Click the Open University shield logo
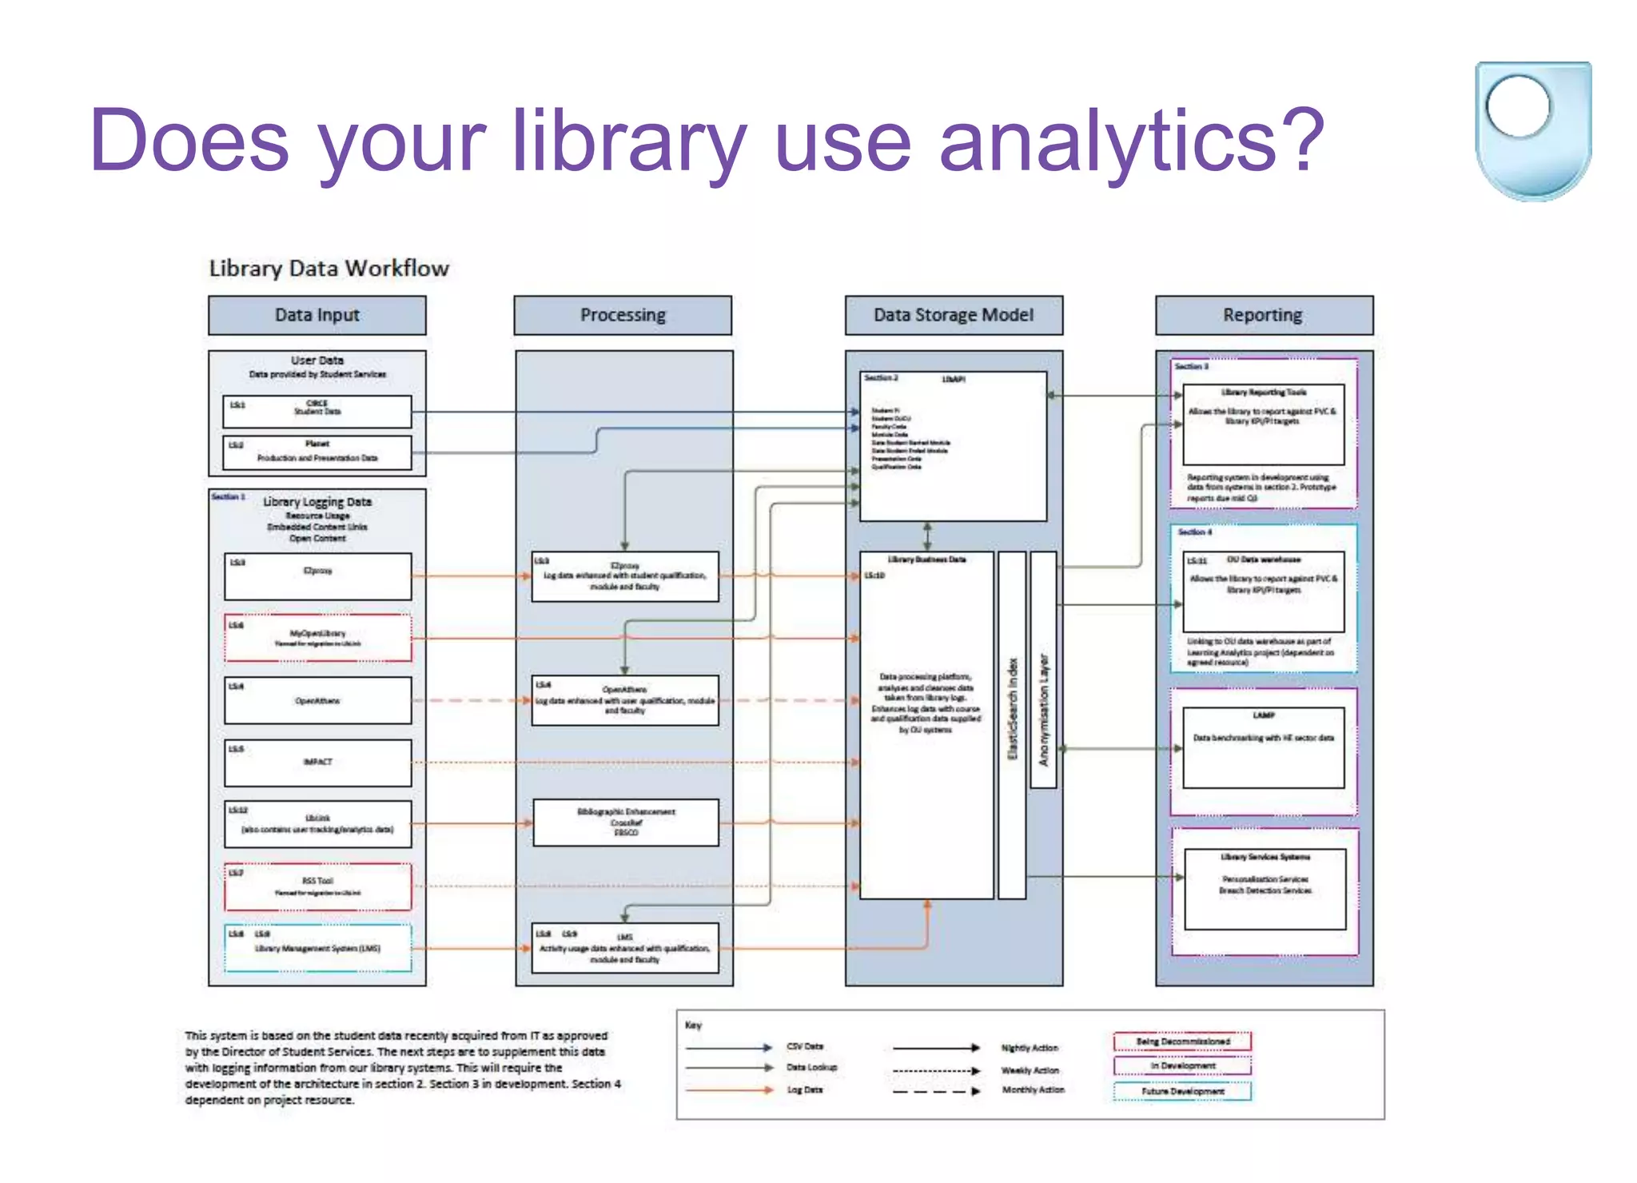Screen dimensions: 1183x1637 click(1532, 130)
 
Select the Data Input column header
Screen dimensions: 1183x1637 click(317, 315)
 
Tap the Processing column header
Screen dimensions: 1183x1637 click(623, 315)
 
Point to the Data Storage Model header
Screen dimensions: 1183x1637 click(954, 315)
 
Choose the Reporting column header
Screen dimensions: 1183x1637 click(1263, 315)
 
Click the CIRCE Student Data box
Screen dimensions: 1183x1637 click(317, 411)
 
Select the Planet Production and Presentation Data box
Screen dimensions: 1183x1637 click(317, 452)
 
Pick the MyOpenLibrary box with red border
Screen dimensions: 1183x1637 click(317, 638)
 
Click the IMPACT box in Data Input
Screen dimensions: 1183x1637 click(317, 763)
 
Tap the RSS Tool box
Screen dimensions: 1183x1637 click(317, 886)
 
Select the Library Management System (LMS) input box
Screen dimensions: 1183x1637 click(317, 949)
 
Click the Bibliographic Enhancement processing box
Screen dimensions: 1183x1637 click(626, 823)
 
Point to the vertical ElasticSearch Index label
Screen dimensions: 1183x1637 click(1012, 709)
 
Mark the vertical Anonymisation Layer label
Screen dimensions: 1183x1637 click(1043, 709)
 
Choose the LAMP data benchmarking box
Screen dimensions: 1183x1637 click(1264, 747)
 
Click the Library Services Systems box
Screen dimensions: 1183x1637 click(1265, 889)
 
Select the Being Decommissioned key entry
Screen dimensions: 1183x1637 click(1182, 1042)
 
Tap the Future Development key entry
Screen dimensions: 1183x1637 click(1182, 1091)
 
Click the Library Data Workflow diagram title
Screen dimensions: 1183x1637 click(329, 269)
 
